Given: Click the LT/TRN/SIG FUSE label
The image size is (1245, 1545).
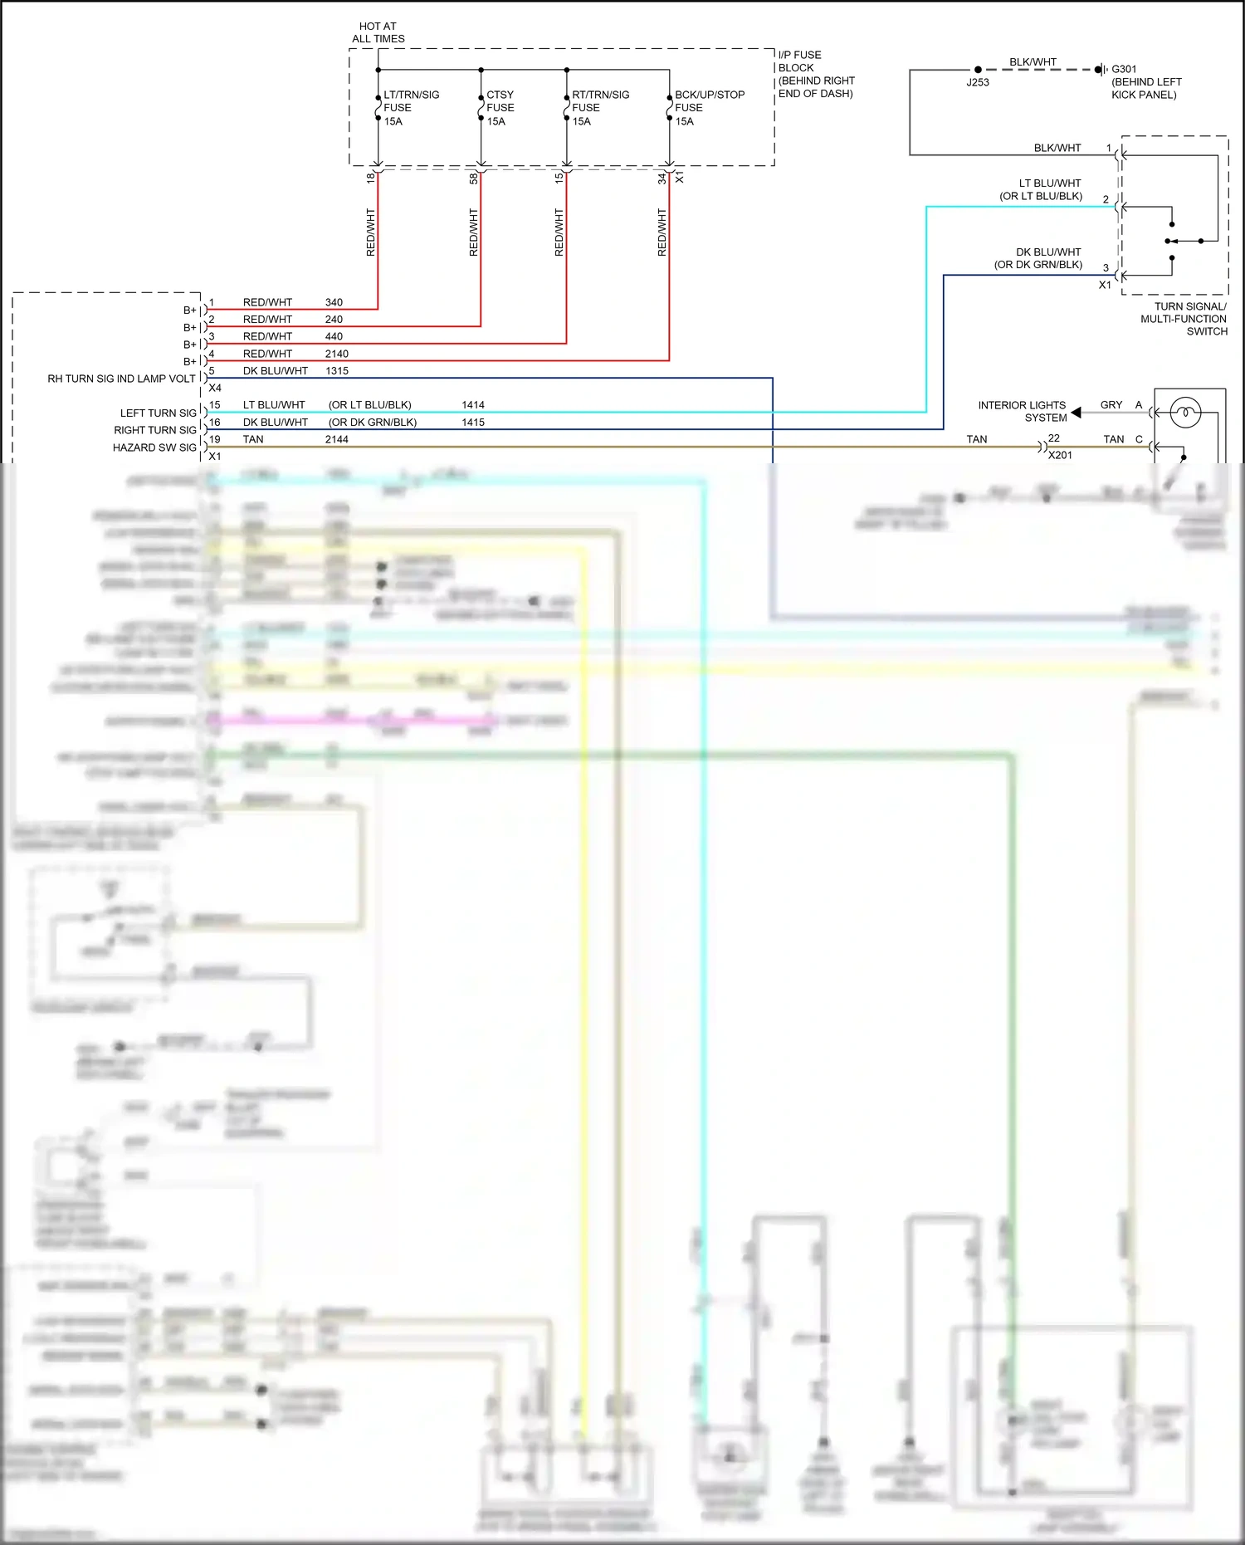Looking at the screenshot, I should pyautogui.click(x=410, y=108).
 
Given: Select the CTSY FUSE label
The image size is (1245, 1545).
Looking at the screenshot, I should pyautogui.click(x=500, y=108).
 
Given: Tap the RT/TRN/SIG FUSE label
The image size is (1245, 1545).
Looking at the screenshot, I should pyautogui.click(x=599, y=108).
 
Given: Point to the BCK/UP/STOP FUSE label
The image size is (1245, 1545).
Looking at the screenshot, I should pyautogui.click(x=709, y=108).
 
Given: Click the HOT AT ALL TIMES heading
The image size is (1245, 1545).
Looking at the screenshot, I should pyautogui.click(x=378, y=32).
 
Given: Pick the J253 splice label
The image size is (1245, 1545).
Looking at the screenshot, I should pyautogui.click(x=978, y=82).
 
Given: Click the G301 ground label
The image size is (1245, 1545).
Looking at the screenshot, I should pyautogui.click(x=1124, y=69).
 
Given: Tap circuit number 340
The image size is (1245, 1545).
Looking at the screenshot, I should pyautogui.click(x=334, y=302).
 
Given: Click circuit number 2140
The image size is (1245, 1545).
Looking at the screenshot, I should pyautogui.click(x=336, y=354).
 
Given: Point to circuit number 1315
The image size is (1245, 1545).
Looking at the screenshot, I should pyautogui.click(x=336, y=371).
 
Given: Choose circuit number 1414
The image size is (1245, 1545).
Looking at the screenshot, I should pyautogui.click(x=473, y=405).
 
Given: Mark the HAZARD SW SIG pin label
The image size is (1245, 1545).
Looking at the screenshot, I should pyautogui.click(x=154, y=447).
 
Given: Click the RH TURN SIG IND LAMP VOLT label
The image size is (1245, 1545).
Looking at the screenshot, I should pyautogui.click(x=121, y=379).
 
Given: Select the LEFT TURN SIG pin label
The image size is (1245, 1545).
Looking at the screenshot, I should pyautogui.click(x=158, y=413).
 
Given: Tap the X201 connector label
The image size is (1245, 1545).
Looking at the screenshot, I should pyautogui.click(x=1060, y=455).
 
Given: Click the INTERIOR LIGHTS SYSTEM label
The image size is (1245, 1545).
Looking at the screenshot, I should pyautogui.click(x=1022, y=411).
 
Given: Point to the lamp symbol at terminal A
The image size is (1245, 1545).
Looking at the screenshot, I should pyautogui.click(x=1185, y=412).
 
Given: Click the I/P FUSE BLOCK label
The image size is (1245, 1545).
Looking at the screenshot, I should pyautogui.click(x=815, y=74).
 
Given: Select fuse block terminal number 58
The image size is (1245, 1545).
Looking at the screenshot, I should pyautogui.click(x=474, y=178).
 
